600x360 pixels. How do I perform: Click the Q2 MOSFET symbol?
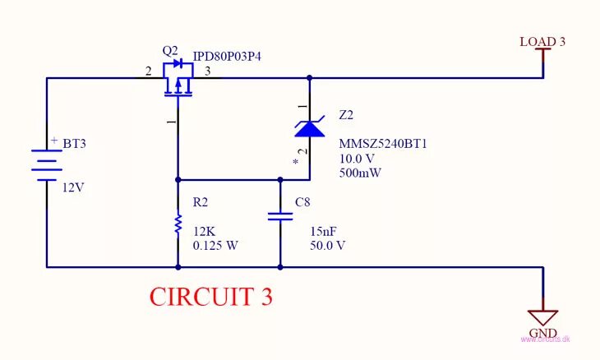178,81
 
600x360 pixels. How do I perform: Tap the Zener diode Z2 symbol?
310,127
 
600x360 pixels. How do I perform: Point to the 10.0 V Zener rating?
357,158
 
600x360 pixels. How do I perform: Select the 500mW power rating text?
359,173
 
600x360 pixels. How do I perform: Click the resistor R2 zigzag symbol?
178,224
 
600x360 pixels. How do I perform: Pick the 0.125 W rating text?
215,246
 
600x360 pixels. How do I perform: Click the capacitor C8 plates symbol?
280,216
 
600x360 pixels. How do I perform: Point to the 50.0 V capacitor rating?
327,246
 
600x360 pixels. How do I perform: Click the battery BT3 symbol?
47,164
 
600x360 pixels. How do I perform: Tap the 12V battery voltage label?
73,187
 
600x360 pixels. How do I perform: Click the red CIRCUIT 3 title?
210,296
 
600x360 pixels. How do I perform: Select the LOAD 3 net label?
542,41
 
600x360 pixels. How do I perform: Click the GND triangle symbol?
542,317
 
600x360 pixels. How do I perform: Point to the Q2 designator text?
170,50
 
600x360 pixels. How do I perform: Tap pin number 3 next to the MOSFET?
207,72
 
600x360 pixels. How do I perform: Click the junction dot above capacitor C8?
280,179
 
